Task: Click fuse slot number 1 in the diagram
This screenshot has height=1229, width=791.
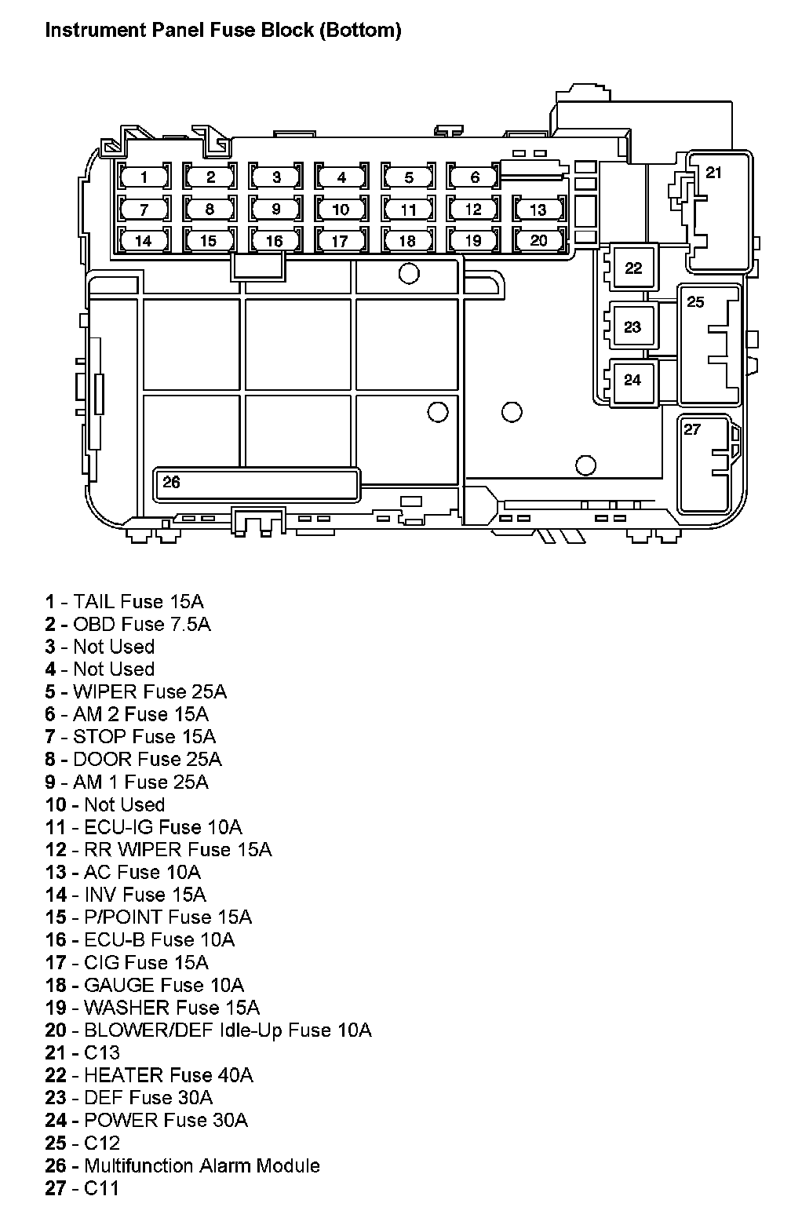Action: coord(144,177)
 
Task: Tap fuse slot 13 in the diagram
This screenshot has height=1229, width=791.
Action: coord(538,209)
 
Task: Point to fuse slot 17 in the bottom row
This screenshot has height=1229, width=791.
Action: coord(341,240)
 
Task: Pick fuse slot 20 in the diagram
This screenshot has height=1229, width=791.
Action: coord(538,240)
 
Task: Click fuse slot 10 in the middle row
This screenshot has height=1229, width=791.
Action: coord(341,209)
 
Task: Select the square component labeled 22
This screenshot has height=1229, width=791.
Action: coord(633,267)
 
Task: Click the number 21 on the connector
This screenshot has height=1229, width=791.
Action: coord(713,173)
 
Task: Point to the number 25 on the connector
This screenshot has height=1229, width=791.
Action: coord(695,302)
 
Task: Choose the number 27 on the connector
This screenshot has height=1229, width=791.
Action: coord(692,429)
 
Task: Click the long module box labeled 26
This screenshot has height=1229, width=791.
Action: coord(256,484)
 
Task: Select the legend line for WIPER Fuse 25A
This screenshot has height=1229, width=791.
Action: coord(136,691)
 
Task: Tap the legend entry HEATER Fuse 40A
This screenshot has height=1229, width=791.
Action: coord(149,1075)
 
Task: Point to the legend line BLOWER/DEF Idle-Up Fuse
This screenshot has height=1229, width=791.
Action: coord(209,1030)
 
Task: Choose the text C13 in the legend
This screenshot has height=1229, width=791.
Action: coord(101,1052)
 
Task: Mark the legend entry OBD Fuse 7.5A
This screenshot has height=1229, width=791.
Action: coord(128,624)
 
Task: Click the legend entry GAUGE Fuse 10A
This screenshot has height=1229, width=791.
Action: coord(144,985)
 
